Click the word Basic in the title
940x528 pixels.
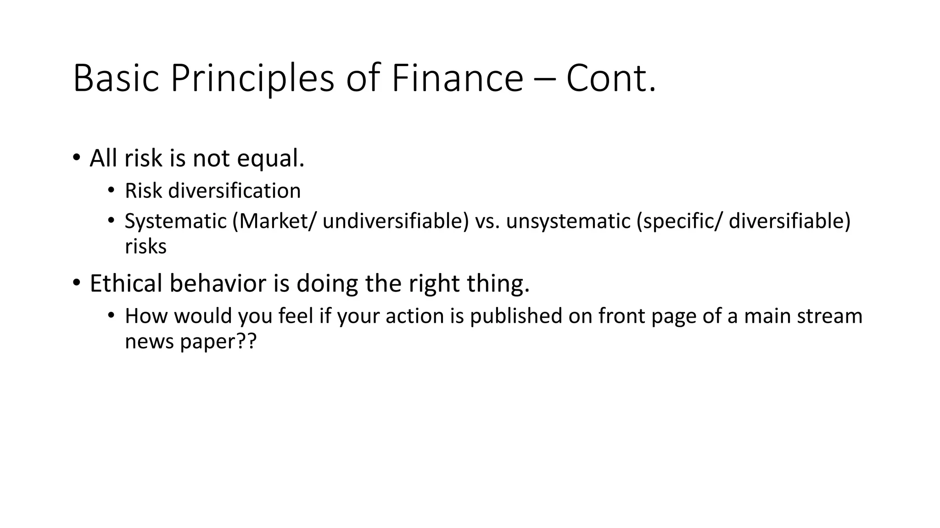(116, 78)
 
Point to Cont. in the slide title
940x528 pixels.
(611, 78)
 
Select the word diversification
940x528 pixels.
(235, 191)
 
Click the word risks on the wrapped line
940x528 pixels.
(145, 247)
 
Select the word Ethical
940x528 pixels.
(126, 283)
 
